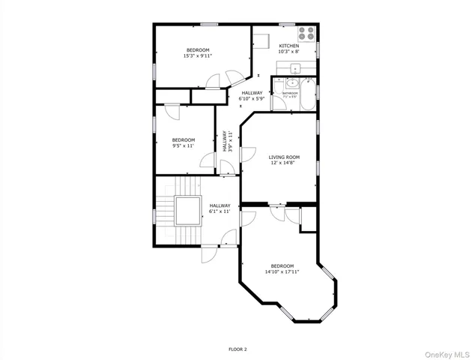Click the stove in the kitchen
tap(306, 34)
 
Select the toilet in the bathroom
tap(306, 84)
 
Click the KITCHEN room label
tap(288, 46)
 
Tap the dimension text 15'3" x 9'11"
tap(198, 55)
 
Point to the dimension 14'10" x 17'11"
tap(282, 271)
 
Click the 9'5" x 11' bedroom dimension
tap(184, 145)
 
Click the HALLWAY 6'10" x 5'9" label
tap(252, 96)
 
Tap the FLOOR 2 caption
tap(237, 349)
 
